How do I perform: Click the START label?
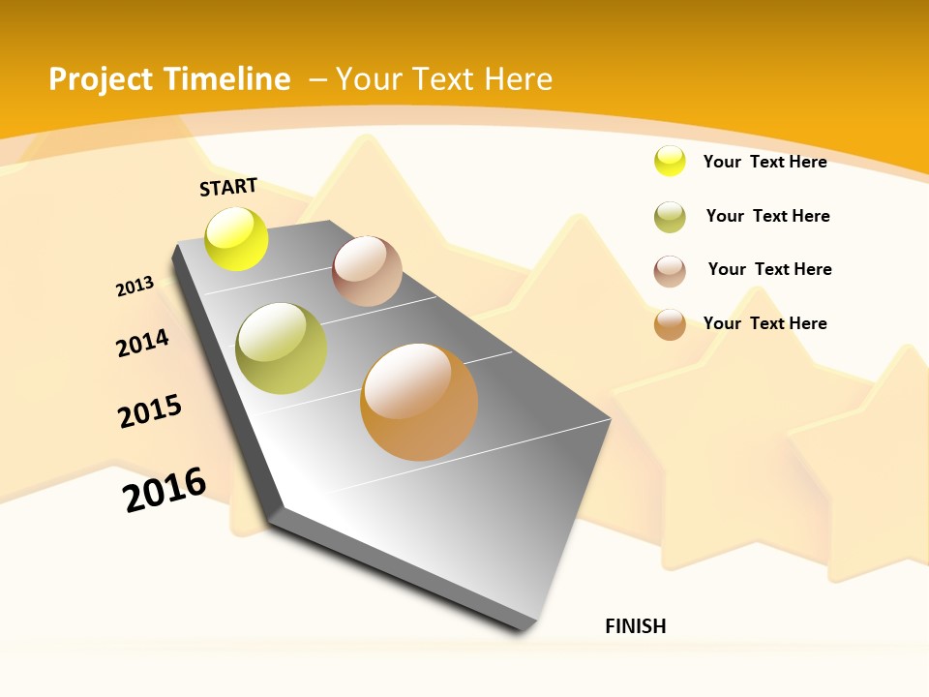pyautogui.click(x=228, y=187)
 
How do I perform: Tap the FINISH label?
pyautogui.click(x=635, y=626)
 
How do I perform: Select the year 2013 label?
pyautogui.click(x=135, y=287)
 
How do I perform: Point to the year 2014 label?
pyautogui.click(x=142, y=343)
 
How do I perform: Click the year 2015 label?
pyautogui.click(x=150, y=411)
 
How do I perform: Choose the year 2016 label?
pyautogui.click(x=165, y=489)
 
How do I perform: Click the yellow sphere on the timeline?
pyautogui.click(x=237, y=239)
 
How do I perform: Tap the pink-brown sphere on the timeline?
pyautogui.click(x=367, y=271)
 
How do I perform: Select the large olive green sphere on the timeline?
pyautogui.click(x=282, y=348)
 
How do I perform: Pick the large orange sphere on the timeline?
pyautogui.click(x=419, y=402)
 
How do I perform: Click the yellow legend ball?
pyautogui.click(x=670, y=162)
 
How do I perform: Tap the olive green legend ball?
pyautogui.click(x=670, y=217)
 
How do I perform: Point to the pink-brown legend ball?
pyautogui.click(x=670, y=271)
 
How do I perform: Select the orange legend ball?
pyautogui.click(x=670, y=324)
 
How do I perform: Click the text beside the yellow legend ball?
pyautogui.click(x=764, y=162)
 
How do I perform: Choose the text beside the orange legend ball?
pyautogui.click(x=764, y=323)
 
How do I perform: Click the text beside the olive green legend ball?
pyautogui.click(x=767, y=216)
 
